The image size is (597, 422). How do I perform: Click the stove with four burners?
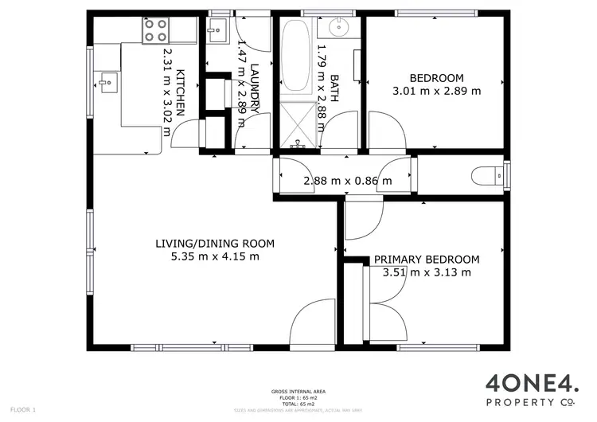coord(156,30)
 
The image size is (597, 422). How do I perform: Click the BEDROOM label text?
coord(436,78)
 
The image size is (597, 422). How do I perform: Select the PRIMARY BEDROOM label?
coord(427,260)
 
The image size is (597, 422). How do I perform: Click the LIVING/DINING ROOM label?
coord(215,244)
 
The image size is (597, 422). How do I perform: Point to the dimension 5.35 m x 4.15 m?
coord(215,256)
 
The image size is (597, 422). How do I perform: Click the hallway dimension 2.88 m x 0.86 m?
coord(348,181)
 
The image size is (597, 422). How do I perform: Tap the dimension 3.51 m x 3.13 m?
coord(427,272)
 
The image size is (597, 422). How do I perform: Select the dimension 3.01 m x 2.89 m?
coord(436,91)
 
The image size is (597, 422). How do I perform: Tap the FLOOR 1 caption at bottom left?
coord(23,409)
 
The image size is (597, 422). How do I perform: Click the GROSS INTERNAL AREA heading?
coord(298,392)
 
